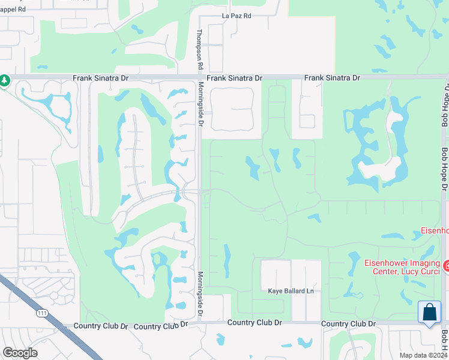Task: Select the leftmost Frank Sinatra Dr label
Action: point(101,78)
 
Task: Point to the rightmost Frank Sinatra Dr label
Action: point(332,78)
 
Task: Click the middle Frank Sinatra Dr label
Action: point(235,78)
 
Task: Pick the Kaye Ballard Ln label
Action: point(291,291)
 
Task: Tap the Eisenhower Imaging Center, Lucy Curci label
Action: point(402,268)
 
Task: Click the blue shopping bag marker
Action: point(429,313)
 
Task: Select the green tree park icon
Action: point(4,80)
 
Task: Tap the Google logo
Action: point(19,353)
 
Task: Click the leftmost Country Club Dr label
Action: point(101,326)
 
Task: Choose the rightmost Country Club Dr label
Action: point(348,323)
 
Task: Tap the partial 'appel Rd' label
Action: point(13,10)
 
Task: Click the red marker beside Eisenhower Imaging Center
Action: point(446,265)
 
